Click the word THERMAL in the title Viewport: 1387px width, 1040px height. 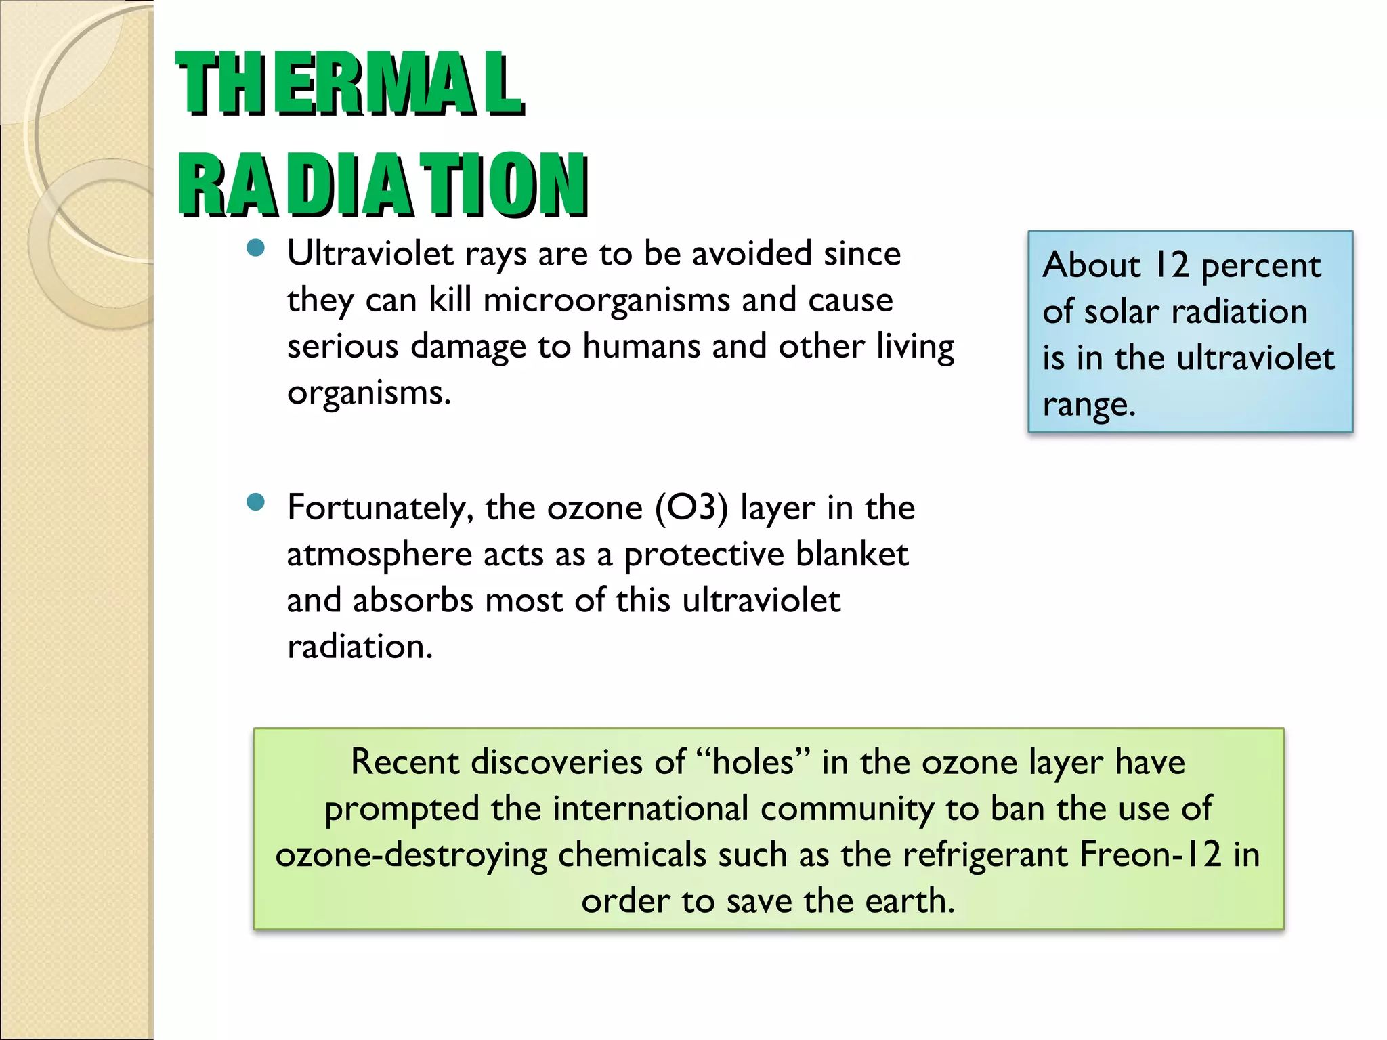349,84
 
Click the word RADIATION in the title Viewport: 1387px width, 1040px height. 383,185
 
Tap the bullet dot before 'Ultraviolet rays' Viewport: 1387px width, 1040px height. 255,248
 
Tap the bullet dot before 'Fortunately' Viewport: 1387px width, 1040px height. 255,502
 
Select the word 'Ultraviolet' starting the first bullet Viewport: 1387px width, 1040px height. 370,254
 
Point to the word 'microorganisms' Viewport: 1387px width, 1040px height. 607,301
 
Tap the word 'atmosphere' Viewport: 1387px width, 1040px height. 379,555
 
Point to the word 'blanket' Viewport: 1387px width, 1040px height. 852,555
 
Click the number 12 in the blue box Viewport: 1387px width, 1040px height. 1171,265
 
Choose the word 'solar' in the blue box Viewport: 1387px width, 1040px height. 1122,312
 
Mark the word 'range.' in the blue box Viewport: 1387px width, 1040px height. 1088,406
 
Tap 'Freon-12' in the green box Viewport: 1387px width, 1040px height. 1150,854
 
